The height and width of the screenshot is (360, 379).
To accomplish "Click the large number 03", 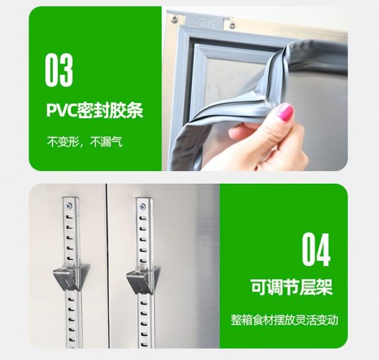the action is [x=59, y=70].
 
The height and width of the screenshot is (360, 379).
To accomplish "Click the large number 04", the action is [x=316, y=249].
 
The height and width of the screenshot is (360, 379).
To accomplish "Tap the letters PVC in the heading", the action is [x=61, y=111].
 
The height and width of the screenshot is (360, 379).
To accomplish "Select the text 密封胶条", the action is [x=110, y=111].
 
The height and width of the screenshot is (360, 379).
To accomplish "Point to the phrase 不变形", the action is [x=63, y=142].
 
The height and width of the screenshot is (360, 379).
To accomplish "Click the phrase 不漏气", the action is [x=106, y=142].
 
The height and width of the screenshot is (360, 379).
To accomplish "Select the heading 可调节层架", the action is [x=292, y=287].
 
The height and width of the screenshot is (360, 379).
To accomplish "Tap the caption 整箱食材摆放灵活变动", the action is [x=284, y=320].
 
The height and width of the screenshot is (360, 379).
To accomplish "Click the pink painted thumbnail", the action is [x=286, y=111].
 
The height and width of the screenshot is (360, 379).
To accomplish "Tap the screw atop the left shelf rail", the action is [x=69, y=206].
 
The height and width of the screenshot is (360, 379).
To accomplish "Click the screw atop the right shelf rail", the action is [x=143, y=207].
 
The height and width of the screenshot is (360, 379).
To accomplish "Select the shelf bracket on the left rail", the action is [x=71, y=277].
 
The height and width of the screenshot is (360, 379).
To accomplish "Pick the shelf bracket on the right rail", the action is [x=143, y=280].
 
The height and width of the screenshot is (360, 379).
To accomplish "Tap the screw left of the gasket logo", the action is [x=174, y=19].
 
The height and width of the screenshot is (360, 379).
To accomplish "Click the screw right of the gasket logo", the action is [x=232, y=24].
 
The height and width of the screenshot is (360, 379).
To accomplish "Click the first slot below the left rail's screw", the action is [x=69, y=217].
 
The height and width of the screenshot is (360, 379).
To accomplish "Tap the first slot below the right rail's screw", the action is [x=143, y=218].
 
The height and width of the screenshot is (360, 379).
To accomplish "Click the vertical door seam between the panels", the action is [x=106, y=266].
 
